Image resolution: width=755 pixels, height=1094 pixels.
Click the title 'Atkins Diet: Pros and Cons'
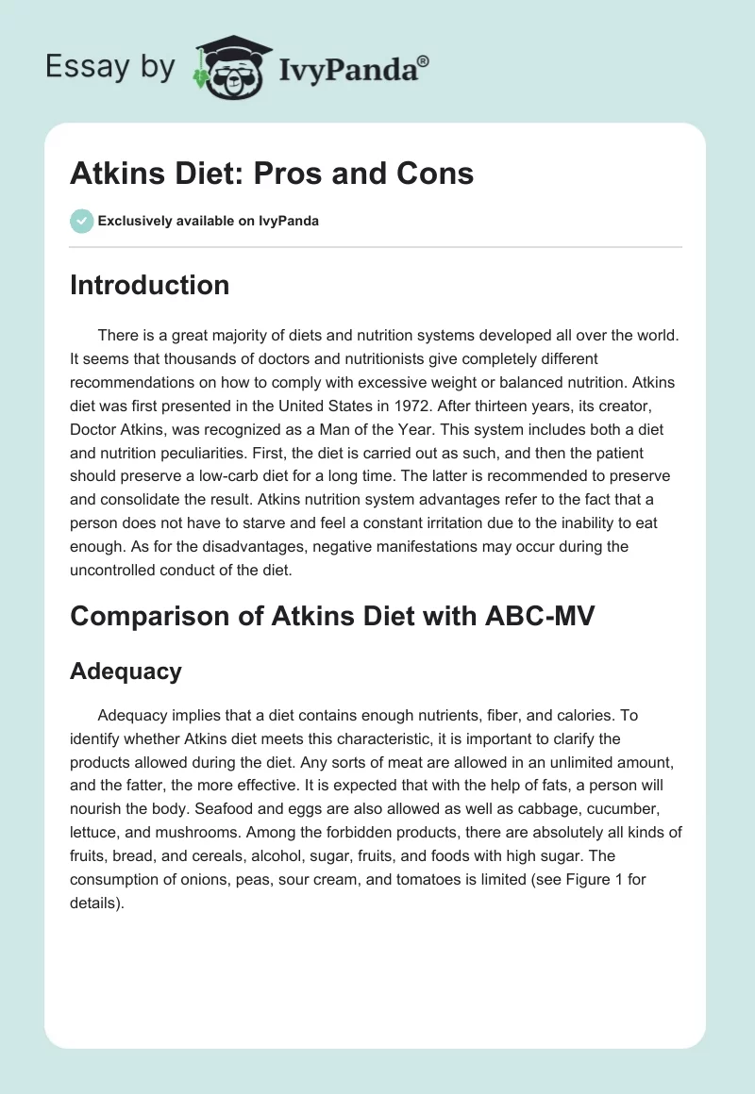[x=272, y=174]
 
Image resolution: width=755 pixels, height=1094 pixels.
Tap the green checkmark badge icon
[x=81, y=221]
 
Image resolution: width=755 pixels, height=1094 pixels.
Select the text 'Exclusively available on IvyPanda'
[x=209, y=221]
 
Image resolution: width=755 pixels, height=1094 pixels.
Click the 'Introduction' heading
[x=149, y=285]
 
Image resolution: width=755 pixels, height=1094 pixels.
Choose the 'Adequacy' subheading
[x=126, y=671]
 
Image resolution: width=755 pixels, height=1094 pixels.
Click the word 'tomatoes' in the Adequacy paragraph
[x=436, y=875]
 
